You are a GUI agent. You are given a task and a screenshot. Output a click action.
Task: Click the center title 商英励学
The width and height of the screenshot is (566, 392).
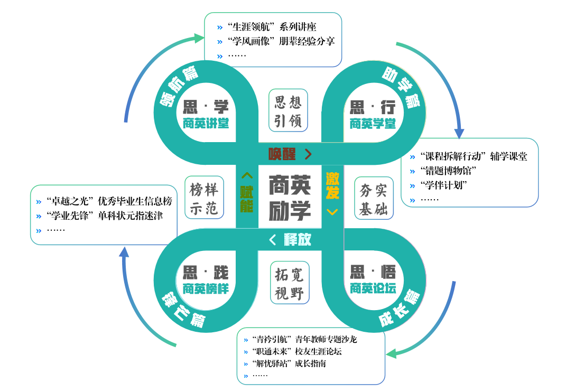[x=290, y=197]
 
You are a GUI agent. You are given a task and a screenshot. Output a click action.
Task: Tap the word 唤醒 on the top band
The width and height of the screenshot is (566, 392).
[x=282, y=154]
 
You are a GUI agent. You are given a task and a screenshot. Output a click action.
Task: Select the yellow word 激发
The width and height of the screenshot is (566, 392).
[x=332, y=185]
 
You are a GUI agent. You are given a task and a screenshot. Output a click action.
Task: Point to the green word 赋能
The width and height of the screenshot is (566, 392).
[x=247, y=199]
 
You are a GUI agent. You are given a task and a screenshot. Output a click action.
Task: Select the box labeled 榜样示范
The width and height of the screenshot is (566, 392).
[x=204, y=198]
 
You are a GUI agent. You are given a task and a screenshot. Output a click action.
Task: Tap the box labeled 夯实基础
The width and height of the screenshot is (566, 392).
[x=374, y=198]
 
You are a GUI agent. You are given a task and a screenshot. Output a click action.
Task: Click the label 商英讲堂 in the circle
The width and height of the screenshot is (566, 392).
[x=206, y=124]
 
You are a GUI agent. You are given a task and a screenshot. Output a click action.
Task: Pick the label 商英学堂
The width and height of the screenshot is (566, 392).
[x=373, y=124]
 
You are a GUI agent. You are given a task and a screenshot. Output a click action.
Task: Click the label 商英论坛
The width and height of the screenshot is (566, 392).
[x=373, y=288]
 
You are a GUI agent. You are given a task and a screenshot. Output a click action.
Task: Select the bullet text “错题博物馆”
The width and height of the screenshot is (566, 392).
[x=449, y=171]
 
